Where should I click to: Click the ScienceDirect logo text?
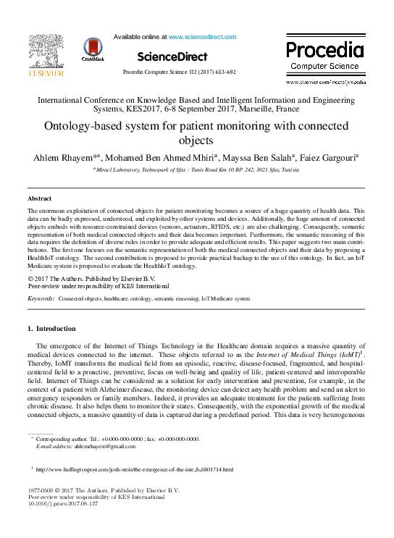[x=172, y=56]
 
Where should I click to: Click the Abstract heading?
[x=39, y=198]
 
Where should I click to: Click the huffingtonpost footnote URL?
[x=134, y=470]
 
